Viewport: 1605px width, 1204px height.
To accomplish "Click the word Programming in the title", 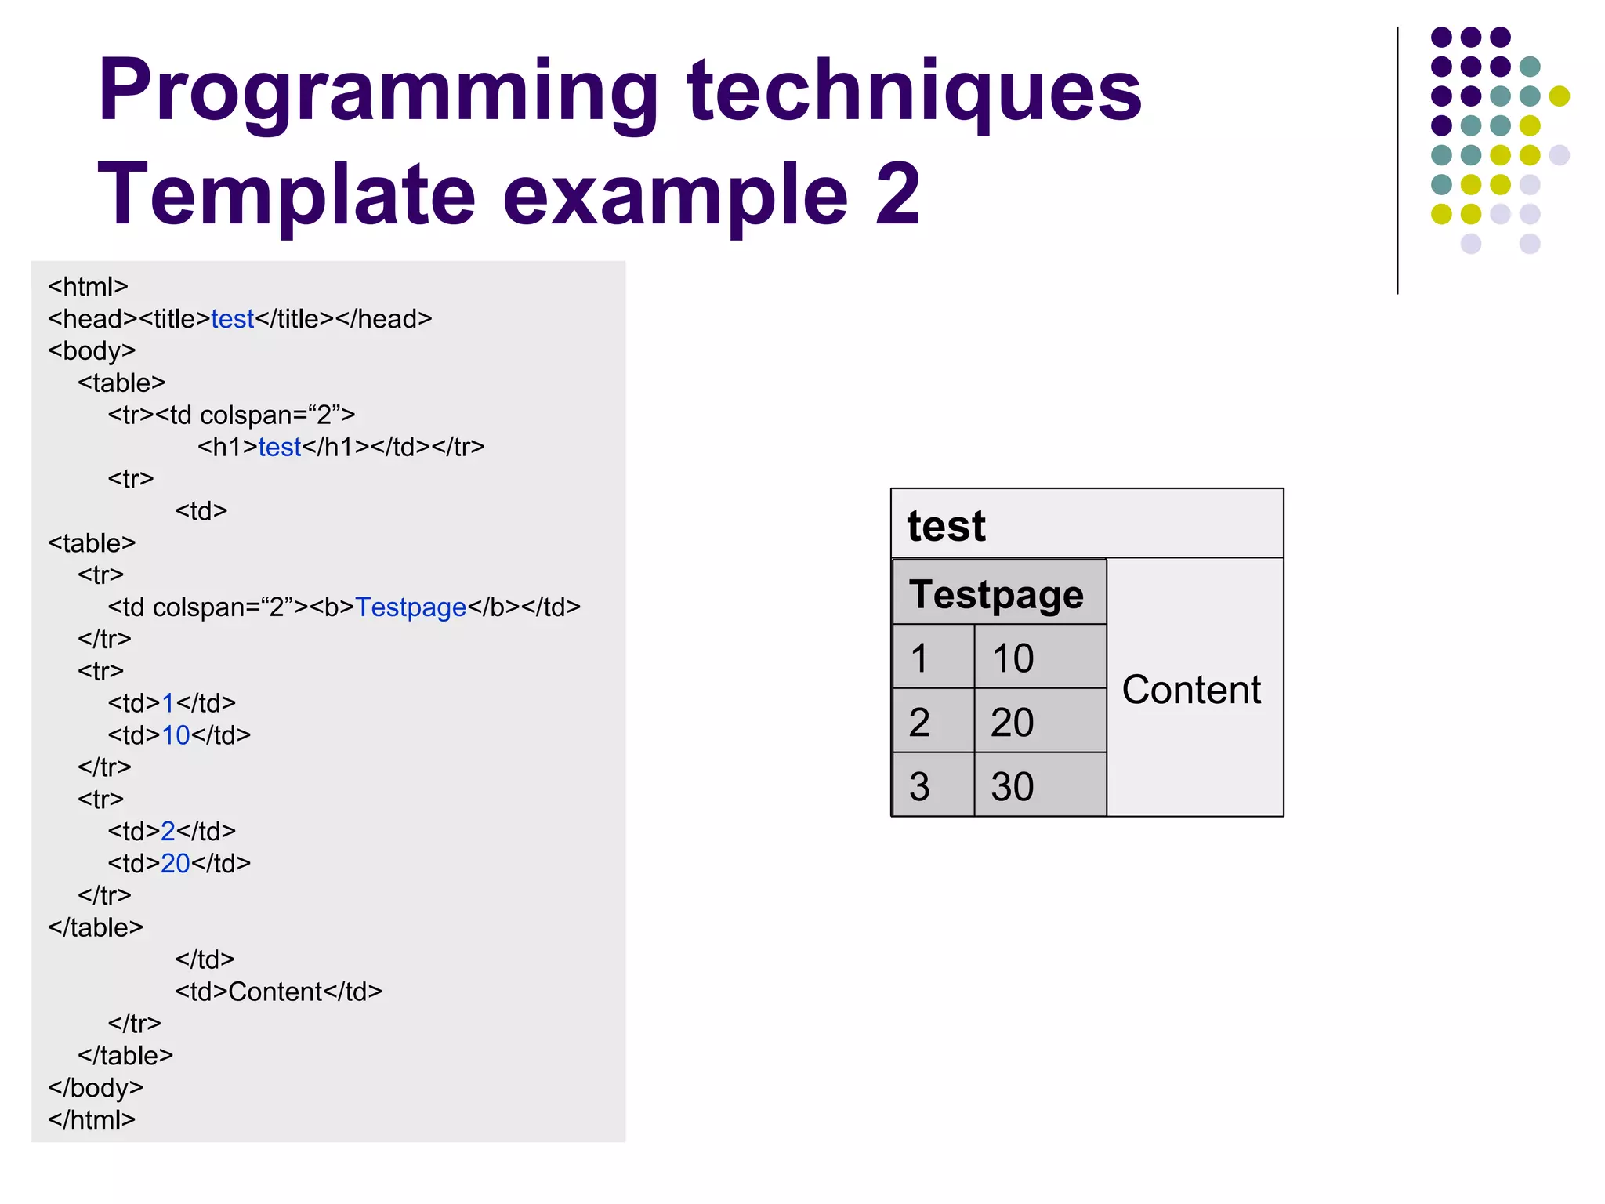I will [x=376, y=92].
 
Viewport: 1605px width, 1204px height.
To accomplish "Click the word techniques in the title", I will [x=914, y=92].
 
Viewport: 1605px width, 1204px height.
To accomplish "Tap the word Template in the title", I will [x=286, y=194].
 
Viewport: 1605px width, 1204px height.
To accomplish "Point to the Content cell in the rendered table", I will [x=1191, y=690].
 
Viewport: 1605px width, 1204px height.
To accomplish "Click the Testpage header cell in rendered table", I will [x=997, y=594].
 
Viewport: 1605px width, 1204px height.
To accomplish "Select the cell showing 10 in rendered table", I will [x=1013, y=658].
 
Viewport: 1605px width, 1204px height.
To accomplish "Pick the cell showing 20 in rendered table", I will [x=1013, y=722].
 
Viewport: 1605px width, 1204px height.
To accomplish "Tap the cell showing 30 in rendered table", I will [x=1013, y=786].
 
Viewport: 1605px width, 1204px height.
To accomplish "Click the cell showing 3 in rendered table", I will [x=920, y=786].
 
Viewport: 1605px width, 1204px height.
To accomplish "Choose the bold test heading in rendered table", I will [x=946, y=525].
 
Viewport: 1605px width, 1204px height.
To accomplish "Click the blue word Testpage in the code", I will [x=411, y=607].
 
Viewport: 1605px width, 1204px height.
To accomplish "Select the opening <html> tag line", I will [x=88, y=287].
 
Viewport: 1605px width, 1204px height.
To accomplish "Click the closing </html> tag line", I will [x=92, y=1120].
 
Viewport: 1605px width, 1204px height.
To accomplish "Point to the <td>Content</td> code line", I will [x=278, y=992].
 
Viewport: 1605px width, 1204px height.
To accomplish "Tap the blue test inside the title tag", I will [x=232, y=319].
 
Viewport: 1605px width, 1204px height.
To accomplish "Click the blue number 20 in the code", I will [x=176, y=863].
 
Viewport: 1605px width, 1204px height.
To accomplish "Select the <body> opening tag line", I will [x=92, y=350].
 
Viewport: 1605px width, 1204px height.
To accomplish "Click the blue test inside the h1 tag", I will [x=280, y=447].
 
